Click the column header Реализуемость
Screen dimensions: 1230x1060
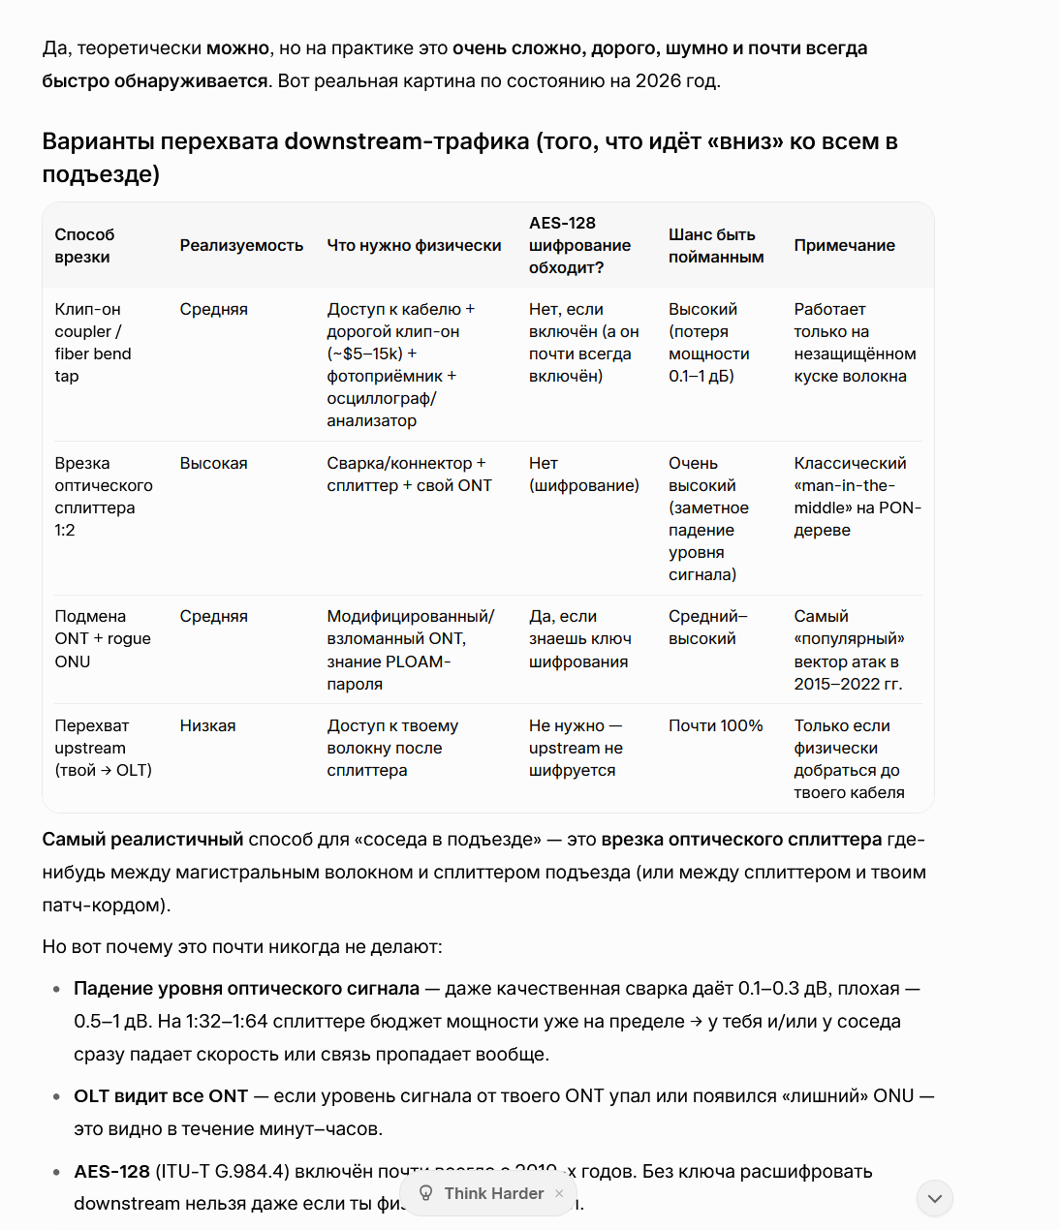pyautogui.click(x=241, y=246)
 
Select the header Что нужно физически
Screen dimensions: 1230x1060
pyautogui.click(x=414, y=246)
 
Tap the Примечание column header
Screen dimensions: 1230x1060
pyautogui.click(x=844, y=246)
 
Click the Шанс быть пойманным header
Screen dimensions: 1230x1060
pyautogui.click(x=716, y=246)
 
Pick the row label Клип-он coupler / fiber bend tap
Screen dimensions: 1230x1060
pyautogui.click(x=93, y=343)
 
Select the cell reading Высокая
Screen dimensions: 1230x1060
pyautogui.click(x=213, y=464)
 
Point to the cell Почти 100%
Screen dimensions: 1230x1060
pyautogui.click(x=715, y=726)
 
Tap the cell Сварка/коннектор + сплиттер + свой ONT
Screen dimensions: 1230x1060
pyautogui.click(x=409, y=475)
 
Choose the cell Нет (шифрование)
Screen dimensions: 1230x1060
pyautogui.click(x=583, y=475)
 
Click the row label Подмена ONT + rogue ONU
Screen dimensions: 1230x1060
pyautogui.click(x=102, y=639)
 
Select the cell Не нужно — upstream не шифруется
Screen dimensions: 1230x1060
pyautogui.click(x=576, y=749)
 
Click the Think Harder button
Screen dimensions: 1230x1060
pyautogui.click(x=493, y=1194)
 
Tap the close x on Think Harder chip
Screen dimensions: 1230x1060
pyautogui.click(x=559, y=1194)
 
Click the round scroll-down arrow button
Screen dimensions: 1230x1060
pyautogui.click(x=935, y=1199)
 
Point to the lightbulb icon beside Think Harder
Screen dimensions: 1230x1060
pyautogui.click(x=425, y=1193)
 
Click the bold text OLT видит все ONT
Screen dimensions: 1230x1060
pyautogui.click(x=161, y=1096)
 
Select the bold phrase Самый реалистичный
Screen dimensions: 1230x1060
pyautogui.click(x=142, y=840)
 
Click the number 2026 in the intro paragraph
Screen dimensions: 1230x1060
pyautogui.click(x=658, y=81)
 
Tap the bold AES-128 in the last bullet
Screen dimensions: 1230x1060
pyautogui.click(x=111, y=1172)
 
